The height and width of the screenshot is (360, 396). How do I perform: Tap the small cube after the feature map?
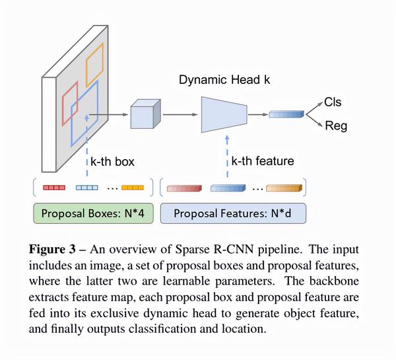pyautogui.click(x=144, y=115)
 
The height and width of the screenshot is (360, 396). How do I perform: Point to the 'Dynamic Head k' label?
pyautogui.click(x=224, y=81)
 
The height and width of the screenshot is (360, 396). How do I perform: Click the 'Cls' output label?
pyautogui.click(x=333, y=102)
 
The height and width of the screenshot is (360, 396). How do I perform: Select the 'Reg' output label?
pyautogui.click(x=335, y=126)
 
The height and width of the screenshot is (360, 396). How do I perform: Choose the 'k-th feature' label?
pyautogui.click(x=261, y=161)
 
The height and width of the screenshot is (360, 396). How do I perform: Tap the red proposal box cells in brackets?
pyautogui.click(x=54, y=188)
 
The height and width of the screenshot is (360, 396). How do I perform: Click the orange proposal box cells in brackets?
pyautogui.click(x=133, y=188)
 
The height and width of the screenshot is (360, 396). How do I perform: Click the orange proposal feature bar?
pyautogui.click(x=284, y=188)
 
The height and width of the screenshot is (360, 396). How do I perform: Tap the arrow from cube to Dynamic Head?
pyautogui.click(x=178, y=114)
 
